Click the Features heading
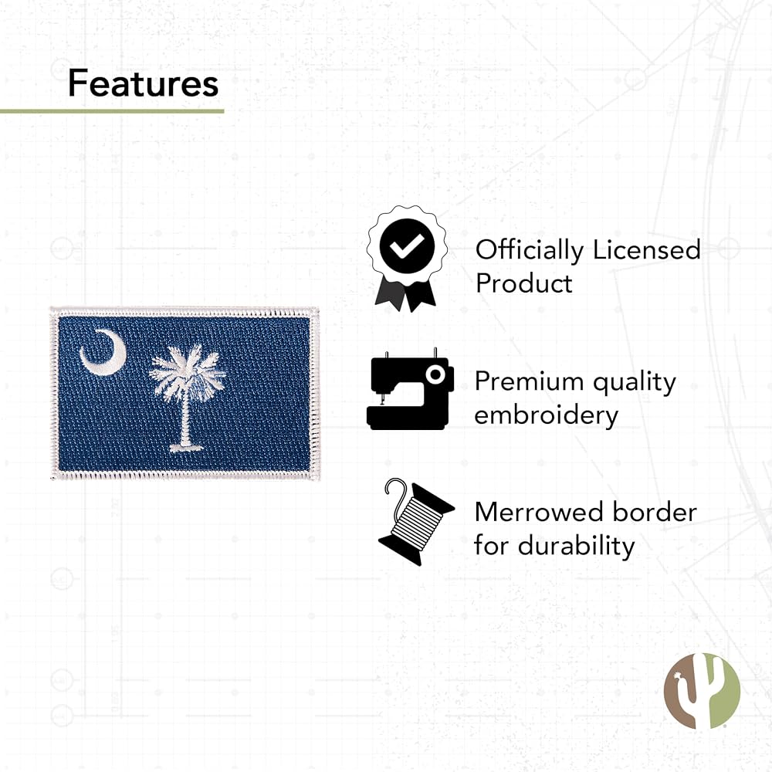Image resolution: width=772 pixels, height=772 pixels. pos(144,83)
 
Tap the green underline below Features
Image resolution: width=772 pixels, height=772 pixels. pos(112,111)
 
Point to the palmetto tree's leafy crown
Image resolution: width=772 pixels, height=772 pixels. pos(187,371)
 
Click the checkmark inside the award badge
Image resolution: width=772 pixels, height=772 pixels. pos(407,245)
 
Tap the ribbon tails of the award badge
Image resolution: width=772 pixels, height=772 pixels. pos(405,296)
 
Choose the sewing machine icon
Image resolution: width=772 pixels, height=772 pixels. pos(410,389)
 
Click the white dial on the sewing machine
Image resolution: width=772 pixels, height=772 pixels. pos(435,374)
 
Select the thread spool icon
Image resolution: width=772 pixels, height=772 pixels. pos(415,522)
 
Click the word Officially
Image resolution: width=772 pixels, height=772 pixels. pos(530,251)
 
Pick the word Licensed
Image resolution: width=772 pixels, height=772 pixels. pos(646,249)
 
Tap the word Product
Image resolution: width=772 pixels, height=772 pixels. pos(523,283)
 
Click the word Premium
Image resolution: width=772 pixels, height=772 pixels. pos(530,381)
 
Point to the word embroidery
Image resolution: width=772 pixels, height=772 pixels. pos(546,415)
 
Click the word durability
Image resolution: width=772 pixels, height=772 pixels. pos(576,546)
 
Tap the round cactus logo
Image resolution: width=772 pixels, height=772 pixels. pos(702,691)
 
